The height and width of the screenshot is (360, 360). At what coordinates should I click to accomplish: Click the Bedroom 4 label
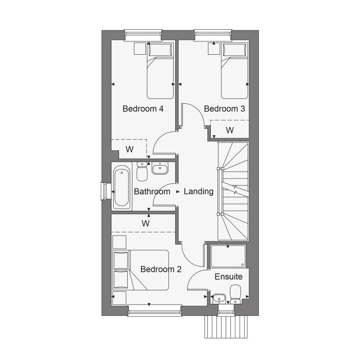pos(143,108)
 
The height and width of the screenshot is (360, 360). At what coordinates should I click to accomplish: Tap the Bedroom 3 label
pos(224,108)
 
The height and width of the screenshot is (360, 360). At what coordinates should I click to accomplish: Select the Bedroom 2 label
pos(161,269)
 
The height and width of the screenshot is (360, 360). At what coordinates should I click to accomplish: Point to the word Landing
pos(199,192)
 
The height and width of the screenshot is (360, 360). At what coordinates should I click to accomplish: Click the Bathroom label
pos(152,192)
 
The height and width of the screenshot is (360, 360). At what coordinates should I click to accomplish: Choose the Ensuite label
pos(228,276)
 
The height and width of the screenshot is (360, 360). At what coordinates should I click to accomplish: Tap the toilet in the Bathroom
pos(142,171)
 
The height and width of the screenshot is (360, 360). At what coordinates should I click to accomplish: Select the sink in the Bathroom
pos(160,168)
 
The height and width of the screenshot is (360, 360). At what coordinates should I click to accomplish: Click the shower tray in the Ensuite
pos(228,256)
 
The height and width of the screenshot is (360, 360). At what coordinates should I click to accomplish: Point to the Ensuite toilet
pos(235,294)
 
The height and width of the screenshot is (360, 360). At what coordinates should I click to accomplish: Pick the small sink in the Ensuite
pos(219,299)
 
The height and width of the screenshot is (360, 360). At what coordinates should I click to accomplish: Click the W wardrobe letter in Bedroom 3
pos(229,131)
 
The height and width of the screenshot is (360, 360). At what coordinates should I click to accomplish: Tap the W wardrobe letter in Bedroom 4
pos(130,149)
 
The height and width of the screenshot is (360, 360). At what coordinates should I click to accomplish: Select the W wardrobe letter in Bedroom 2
pos(145,223)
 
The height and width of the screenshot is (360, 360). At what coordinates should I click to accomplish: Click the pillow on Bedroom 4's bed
pos(160,49)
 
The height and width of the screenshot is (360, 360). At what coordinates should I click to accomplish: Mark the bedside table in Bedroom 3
pos(214,48)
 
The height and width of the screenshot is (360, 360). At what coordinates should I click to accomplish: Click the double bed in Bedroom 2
pos(141,270)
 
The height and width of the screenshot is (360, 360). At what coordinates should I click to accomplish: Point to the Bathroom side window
pos(105,191)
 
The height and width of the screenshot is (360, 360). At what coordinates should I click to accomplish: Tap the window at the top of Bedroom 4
pos(143,35)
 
